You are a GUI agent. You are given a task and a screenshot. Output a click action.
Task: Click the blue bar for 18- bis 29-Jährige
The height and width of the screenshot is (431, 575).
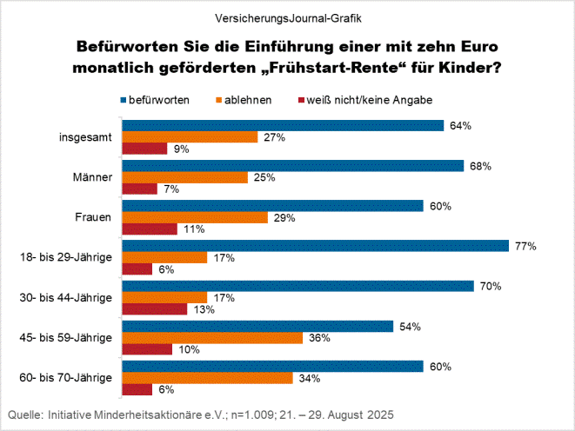[x=315, y=246]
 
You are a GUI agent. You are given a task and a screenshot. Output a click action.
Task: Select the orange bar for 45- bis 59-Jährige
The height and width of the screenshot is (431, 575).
[x=211, y=337]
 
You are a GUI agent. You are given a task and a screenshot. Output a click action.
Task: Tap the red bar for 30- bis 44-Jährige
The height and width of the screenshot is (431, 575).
[x=155, y=309]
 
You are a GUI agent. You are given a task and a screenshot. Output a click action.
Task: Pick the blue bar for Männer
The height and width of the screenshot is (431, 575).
[x=293, y=165]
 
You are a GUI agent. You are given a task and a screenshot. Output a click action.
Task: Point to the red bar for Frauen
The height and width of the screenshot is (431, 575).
[x=150, y=229]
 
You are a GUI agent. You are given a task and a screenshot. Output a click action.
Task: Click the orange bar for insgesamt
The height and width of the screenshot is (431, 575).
[x=190, y=137]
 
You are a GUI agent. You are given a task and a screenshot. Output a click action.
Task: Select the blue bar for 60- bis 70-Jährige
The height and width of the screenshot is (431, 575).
[x=272, y=366]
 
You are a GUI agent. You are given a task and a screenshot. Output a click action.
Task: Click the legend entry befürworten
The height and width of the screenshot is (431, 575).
[x=159, y=100]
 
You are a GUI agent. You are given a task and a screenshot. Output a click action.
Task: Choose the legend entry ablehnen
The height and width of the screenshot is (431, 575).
[x=248, y=100]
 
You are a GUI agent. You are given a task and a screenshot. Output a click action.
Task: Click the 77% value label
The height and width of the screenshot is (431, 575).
[x=525, y=246]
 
